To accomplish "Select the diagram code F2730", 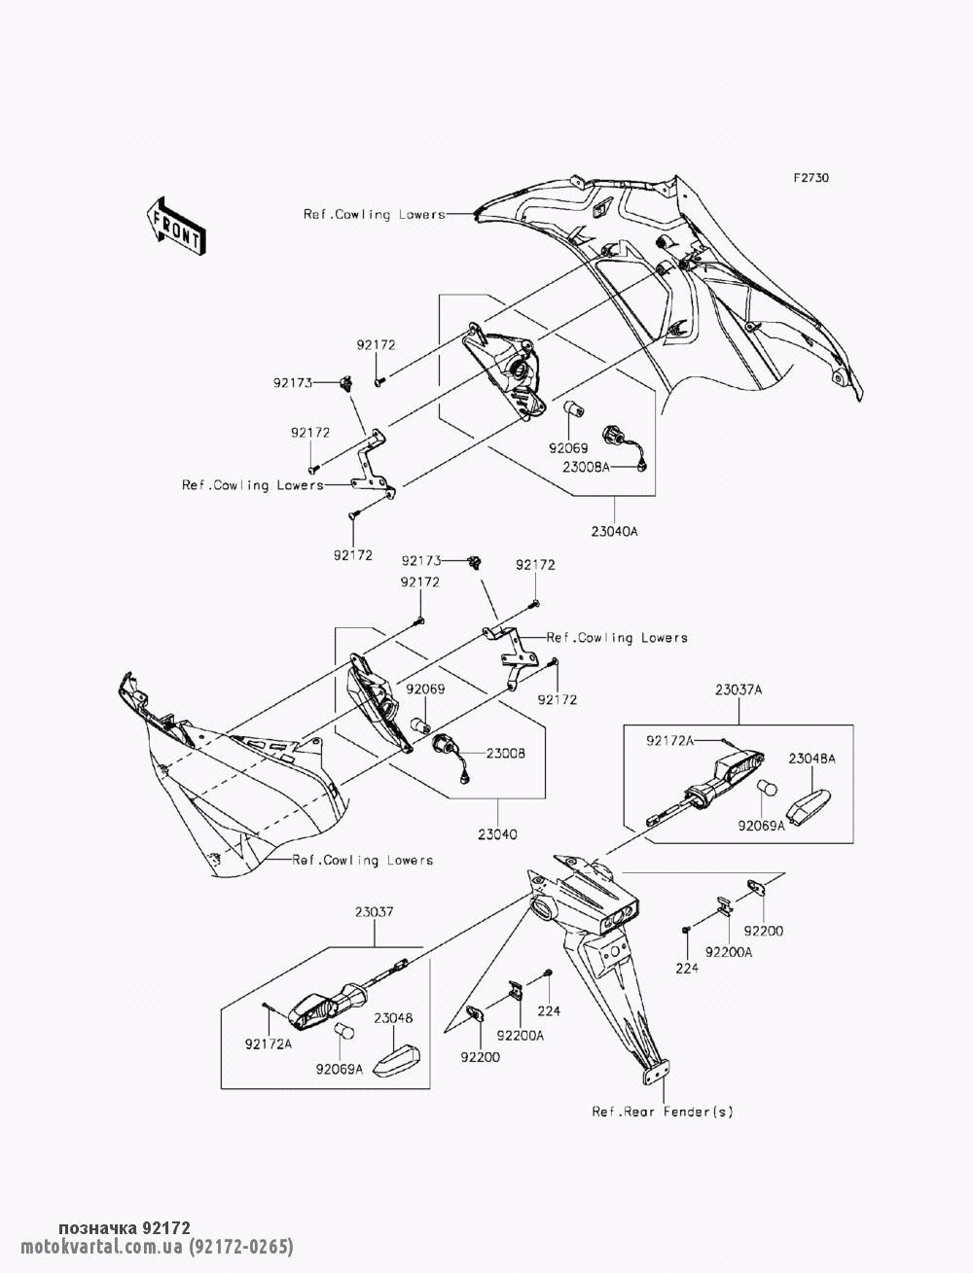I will [x=811, y=179].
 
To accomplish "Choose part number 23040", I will [x=496, y=834].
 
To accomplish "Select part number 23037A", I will [x=738, y=690].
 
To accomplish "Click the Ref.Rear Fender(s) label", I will [x=663, y=1112].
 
